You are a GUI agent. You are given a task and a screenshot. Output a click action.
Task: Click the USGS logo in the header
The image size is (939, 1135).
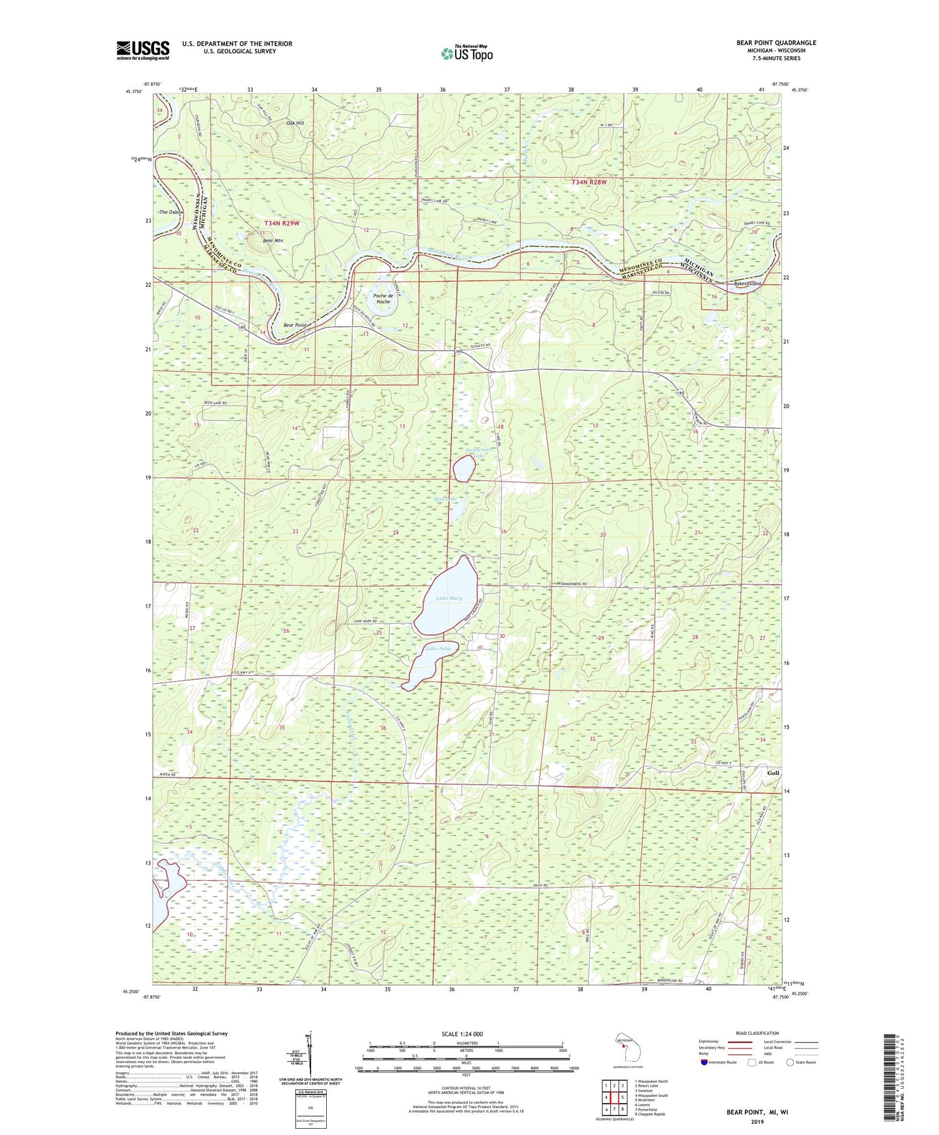pos(143,50)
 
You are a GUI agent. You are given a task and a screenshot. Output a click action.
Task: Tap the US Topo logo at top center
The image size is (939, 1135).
pos(466,53)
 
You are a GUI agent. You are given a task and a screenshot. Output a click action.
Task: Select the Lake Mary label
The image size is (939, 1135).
pos(449,598)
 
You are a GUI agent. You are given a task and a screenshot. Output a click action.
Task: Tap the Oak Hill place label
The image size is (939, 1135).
pos(295,123)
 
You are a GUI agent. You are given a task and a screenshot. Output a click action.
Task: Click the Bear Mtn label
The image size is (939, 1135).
pos(273,240)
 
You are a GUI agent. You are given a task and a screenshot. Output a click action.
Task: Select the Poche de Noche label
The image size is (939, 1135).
pos(382,299)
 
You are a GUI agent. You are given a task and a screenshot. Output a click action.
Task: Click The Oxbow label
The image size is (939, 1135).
pos(172,212)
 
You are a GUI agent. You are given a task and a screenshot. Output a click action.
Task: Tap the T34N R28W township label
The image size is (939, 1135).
pos(588,182)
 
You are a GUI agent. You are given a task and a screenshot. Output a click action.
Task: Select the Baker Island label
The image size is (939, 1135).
pos(747,284)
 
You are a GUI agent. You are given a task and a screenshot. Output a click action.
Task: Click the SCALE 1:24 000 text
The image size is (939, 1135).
pos(466,1034)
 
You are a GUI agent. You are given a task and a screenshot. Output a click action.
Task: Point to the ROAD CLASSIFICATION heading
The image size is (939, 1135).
pos(757,1033)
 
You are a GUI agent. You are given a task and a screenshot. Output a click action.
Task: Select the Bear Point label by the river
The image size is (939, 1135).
pos(295,325)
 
